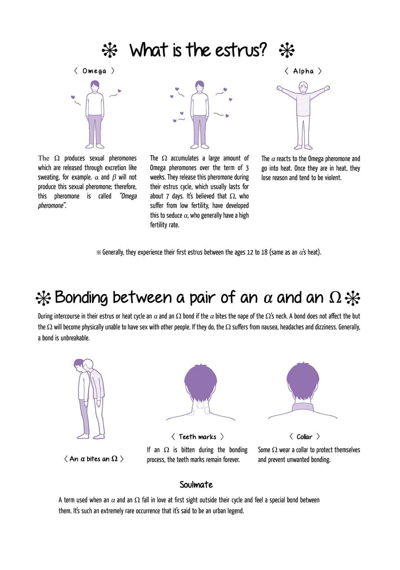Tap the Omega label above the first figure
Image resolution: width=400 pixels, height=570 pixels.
[94, 71]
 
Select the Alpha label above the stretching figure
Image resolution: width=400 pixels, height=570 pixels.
[303, 71]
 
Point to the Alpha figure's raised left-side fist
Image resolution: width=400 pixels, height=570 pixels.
[280, 89]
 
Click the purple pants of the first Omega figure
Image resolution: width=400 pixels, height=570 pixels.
[95, 130]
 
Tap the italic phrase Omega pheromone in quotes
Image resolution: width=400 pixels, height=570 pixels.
[87, 201]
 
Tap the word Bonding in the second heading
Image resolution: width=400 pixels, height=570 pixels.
[81, 298]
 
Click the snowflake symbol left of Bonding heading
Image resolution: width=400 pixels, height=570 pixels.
[44, 298]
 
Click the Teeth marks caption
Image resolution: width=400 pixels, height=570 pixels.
[197, 437]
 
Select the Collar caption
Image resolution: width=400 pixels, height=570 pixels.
[304, 437]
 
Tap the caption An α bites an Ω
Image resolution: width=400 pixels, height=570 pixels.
[93, 459]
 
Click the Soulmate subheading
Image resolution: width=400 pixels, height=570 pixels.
[196, 485]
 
